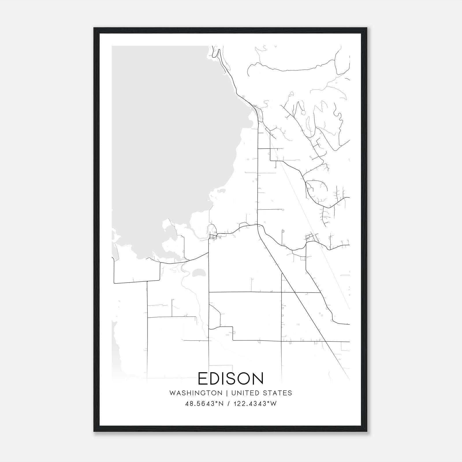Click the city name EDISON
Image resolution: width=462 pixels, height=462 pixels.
tap(231, 379)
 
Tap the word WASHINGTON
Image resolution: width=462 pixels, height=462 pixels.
tap(196, 393)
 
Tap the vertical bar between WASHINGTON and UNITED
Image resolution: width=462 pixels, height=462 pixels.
tap(227, 393)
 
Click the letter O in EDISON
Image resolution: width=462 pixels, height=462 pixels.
tap(244, 379)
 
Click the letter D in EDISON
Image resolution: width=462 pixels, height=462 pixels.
tap(214, 379)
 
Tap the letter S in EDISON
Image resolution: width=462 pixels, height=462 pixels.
tap(231, 379)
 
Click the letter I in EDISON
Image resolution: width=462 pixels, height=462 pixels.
tap(223, 379)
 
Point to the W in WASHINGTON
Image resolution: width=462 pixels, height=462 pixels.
tap(172, 393)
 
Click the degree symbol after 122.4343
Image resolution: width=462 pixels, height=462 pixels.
tap(270, 402)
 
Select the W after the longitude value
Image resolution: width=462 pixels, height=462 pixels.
tap(274, 404)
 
